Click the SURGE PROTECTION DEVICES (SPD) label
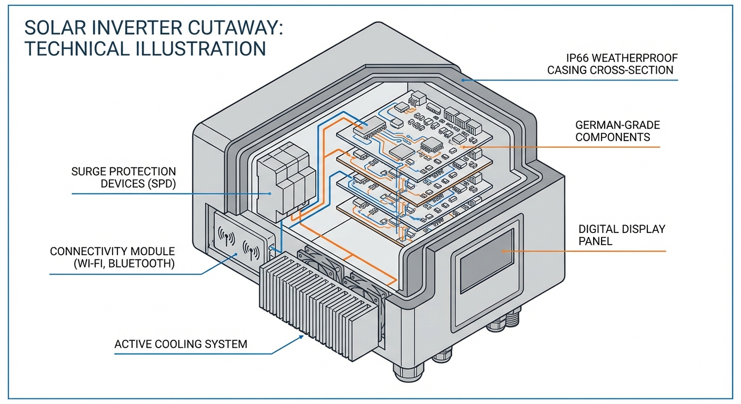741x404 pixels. tap(124, 177)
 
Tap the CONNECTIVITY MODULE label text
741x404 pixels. tap(112, 257)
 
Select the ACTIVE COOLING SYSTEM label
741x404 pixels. tap(181, 345)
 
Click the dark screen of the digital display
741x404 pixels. tap(486, 260)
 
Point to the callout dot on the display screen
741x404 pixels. tap(502, 251)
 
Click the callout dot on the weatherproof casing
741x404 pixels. tap(464, 80)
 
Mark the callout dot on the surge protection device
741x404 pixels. tap(269, 194)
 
